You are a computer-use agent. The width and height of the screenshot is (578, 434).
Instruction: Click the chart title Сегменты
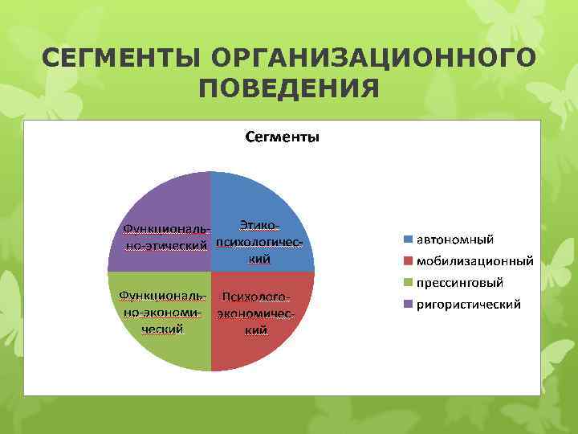[x=282, y=137]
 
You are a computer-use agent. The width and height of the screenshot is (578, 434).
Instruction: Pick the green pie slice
[x=161, y=346]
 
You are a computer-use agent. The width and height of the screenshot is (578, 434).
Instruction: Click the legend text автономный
[x=454, y=240]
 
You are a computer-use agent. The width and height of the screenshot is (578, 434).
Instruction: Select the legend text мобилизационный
[x=474, y=261]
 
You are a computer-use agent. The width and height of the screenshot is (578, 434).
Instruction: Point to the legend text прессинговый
[x=459, y=283]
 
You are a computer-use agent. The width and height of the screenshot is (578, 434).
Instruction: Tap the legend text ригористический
[x=468, y=305]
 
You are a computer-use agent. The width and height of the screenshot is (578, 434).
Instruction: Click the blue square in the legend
[x=408, y=240]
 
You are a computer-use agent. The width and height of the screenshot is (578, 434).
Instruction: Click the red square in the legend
[x=408, y=261]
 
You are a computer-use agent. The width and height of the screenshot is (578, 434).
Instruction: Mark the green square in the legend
[x=408, y=283]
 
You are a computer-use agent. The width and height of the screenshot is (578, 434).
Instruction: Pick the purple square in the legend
[x=408, y=305]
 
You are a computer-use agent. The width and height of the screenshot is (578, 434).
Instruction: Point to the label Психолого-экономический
[x=255, y=313]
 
